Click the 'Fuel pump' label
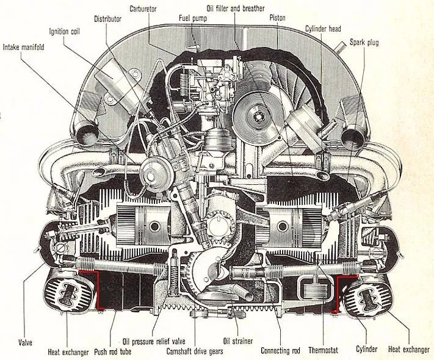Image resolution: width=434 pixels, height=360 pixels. [x=192, y=19]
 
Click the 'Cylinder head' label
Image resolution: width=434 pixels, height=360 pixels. [x=323, y=29]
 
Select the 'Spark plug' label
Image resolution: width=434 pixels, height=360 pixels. [x=366, y=42]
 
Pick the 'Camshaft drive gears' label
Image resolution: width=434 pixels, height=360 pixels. [x=195, y=351]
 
